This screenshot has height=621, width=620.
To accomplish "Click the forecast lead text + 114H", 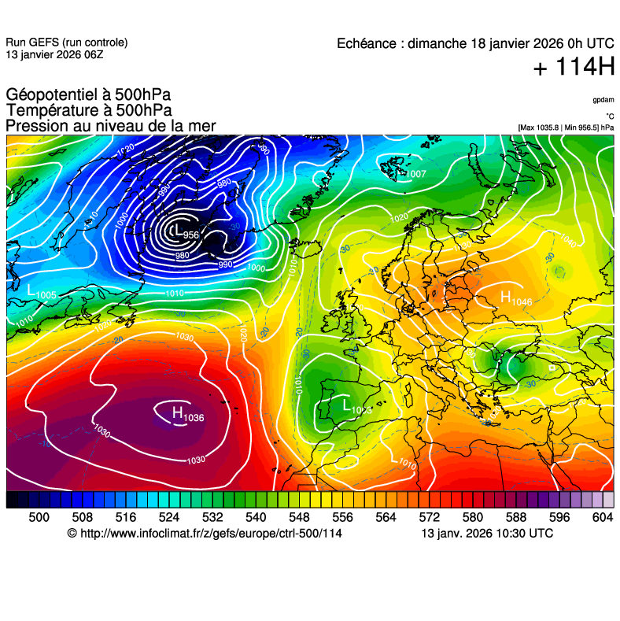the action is point(574,68).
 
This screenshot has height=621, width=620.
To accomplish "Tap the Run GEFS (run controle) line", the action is point(67,43).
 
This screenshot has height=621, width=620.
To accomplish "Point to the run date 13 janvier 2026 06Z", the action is point(54,54).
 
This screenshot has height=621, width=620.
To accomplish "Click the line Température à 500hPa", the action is point(89,111).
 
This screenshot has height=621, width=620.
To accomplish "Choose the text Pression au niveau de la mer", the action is point(111,126).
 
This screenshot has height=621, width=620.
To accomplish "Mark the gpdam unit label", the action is point(603,101).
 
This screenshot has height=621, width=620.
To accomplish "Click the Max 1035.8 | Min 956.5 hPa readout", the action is point(566,127).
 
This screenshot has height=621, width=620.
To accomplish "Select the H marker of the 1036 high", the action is point(177,412).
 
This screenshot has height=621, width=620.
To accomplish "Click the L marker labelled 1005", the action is point(31,290).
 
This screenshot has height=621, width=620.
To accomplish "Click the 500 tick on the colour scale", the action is point(39,516).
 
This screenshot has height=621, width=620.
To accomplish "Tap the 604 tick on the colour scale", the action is point(602,516).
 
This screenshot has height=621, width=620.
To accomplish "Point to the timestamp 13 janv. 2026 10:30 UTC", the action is point(487,534).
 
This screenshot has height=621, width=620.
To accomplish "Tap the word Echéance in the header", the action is point(366,43).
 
